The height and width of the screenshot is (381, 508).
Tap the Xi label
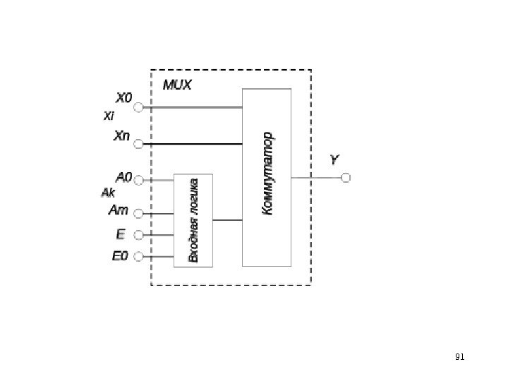tap(109, 115)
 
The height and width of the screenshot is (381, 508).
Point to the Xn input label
tap(122, 135)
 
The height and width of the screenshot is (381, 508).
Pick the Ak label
tap(109, 192)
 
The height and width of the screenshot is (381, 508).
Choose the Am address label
tap(119, 210)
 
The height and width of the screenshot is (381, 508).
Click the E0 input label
tap(120, 256)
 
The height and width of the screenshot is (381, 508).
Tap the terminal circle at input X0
tap(138, 108)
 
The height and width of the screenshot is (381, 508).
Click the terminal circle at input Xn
tap(138, 145)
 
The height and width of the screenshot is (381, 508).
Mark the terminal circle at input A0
tap(138, 181)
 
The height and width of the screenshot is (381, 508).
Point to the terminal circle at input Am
tap(138, 213)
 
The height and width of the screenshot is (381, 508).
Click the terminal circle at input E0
tap(138, 256)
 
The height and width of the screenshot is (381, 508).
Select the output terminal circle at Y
tap(346, 178)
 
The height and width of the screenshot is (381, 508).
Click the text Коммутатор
tap(267, 174)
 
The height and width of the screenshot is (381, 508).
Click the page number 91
tap(459, 357)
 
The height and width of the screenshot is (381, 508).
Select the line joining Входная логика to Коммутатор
tap(227, 220)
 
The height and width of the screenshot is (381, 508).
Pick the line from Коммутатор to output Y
tap(315, 178)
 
